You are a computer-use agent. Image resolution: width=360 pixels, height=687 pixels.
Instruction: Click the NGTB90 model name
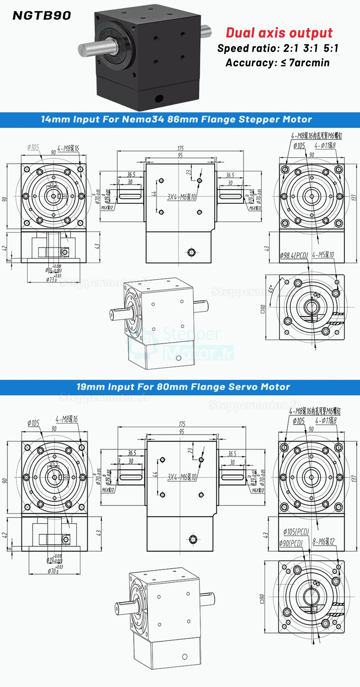click(42, 15)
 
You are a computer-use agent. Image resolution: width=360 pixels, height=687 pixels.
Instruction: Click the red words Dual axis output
click(279, 33)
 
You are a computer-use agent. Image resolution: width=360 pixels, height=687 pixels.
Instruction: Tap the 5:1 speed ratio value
click(331, 48)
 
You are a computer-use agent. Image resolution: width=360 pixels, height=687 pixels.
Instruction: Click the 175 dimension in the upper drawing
click(180, 148)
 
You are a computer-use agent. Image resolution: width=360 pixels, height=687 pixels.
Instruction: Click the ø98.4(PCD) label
click(294, 255)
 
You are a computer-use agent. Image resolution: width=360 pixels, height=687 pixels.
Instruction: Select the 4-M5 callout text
click(323, 255)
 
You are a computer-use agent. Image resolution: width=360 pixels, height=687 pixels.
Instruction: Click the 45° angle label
click(271, 289)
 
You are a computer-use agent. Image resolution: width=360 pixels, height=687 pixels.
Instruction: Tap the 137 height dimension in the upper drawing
click(354, 197)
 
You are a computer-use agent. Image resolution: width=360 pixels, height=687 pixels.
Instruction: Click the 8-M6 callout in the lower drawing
click(323, 542)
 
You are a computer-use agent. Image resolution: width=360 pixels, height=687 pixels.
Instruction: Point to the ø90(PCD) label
click(291, 543)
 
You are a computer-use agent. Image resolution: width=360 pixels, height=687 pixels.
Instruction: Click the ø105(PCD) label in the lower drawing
click(296, 531)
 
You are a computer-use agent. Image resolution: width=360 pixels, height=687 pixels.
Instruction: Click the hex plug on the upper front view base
click(192, 252)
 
